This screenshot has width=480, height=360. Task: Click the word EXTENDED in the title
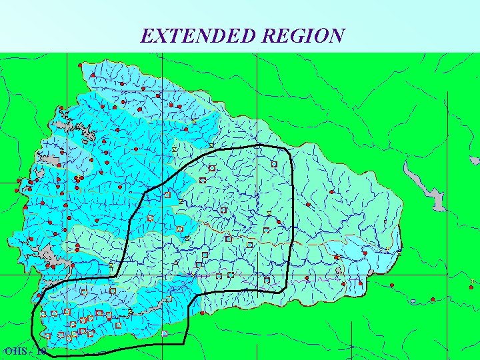[199, 35]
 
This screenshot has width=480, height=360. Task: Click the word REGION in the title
[303, 35]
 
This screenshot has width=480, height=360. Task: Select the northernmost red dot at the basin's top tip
[80, 65]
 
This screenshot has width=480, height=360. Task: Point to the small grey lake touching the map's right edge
[474, 161]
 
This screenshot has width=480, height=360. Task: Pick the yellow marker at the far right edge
[472, 281]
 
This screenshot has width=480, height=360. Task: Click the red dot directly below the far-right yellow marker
[471, 288]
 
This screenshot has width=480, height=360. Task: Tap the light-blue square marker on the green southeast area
[413, 301]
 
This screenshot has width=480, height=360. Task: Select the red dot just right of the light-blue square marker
[432, 300]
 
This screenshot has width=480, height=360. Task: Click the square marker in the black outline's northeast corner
[274, 164]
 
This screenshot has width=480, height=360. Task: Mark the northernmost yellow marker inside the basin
[194, 122]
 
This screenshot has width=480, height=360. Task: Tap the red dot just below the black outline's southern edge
[202, 313]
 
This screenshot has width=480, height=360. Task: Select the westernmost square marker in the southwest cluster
[43, 314]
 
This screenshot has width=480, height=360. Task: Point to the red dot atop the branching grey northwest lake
[61, 109]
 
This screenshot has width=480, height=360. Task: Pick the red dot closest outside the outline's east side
[308, 205]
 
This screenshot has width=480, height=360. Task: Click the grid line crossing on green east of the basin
[446, 274]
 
